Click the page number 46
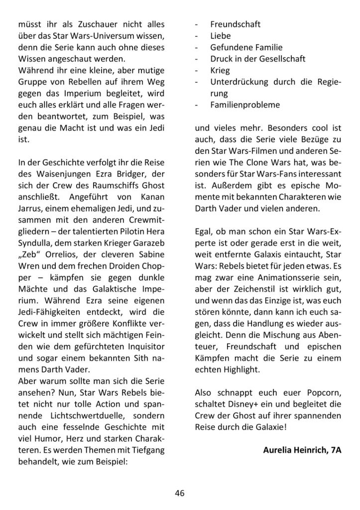tap(180, 493)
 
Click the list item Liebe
tap(220, 36)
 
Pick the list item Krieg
tap(220, 70)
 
